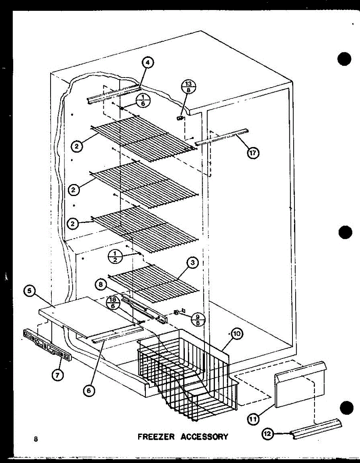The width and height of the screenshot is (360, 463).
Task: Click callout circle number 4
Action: point(147,62)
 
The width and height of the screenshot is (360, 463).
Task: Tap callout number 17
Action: point(253,153)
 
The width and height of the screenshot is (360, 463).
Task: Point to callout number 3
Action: point(192,263)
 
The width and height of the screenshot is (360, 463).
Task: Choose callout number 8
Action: point(101,285)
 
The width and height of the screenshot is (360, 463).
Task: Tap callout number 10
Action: point(237,335)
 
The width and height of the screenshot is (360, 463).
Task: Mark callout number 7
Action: point(58,374)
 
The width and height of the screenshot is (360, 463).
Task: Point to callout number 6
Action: point(90,390)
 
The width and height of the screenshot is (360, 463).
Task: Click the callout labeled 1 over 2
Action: point(115,256)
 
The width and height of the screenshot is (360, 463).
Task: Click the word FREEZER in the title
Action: point(156,437)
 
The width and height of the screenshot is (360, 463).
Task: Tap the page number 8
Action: point(35,439)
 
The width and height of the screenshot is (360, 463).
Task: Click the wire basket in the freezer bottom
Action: point(185,367)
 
